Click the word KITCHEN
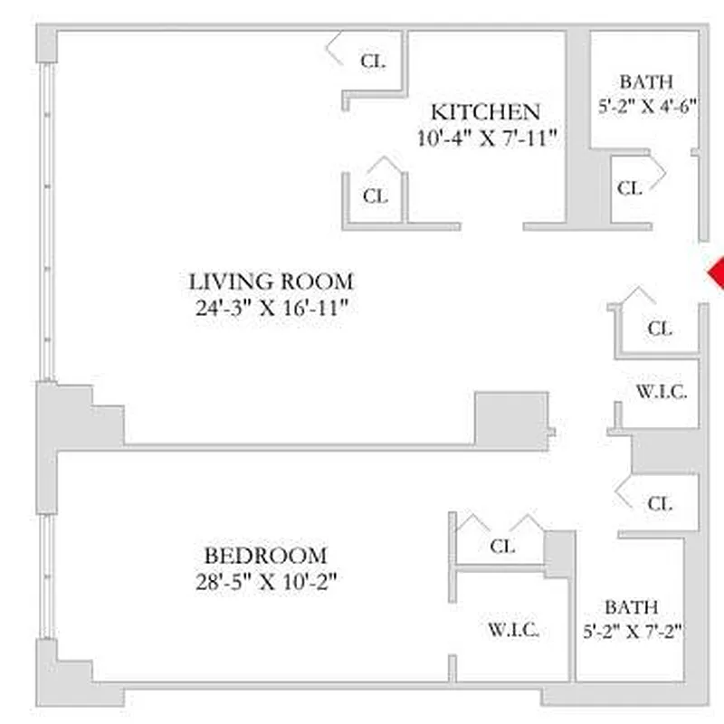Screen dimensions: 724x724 coord(485,112)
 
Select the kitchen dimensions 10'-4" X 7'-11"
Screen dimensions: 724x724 coord(485,138)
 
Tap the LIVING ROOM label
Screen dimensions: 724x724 coord(271,281)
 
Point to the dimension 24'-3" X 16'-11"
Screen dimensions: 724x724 coord(271,308)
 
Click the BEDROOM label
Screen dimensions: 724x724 coord(265,555)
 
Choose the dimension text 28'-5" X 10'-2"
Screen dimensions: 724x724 coord(265,582)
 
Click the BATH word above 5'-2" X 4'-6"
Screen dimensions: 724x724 coord(646,81)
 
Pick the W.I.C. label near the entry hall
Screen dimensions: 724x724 coord(662,393)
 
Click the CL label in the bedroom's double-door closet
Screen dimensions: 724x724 coord(502,547)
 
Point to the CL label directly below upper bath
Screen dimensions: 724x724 coord(630,188)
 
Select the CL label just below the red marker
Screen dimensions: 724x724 coord(661,329)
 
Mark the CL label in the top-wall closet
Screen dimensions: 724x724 coord(373,62)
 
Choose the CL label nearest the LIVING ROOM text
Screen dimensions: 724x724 coord(375,195)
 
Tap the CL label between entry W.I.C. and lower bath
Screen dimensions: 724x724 coord(660,503)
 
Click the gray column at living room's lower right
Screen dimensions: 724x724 coord(511,419)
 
